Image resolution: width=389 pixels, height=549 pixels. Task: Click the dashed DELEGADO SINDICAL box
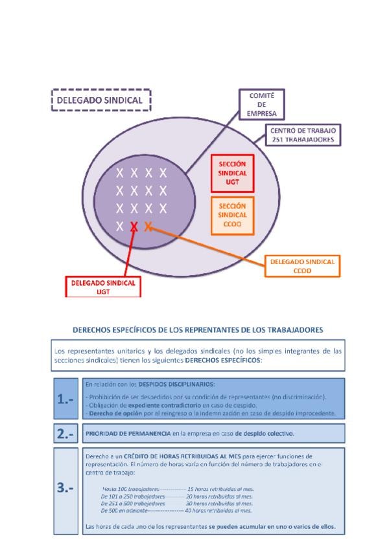(100, 100)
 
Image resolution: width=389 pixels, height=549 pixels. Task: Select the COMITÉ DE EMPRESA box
(262, 104)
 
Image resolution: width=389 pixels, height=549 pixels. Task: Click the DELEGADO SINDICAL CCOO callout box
(302, 267)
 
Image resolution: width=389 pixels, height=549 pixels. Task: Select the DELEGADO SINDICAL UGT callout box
(103, 287)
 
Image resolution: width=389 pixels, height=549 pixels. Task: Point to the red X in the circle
(134, 227)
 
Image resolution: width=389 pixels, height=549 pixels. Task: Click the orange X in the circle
(148, 226)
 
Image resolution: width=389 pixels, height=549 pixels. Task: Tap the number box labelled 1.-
(65, 399)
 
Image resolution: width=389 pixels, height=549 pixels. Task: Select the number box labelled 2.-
(65, 434)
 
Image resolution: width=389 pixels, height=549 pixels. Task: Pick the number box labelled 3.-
(65, 489)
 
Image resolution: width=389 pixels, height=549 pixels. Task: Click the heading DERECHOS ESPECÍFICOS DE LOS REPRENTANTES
(198, 330)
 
